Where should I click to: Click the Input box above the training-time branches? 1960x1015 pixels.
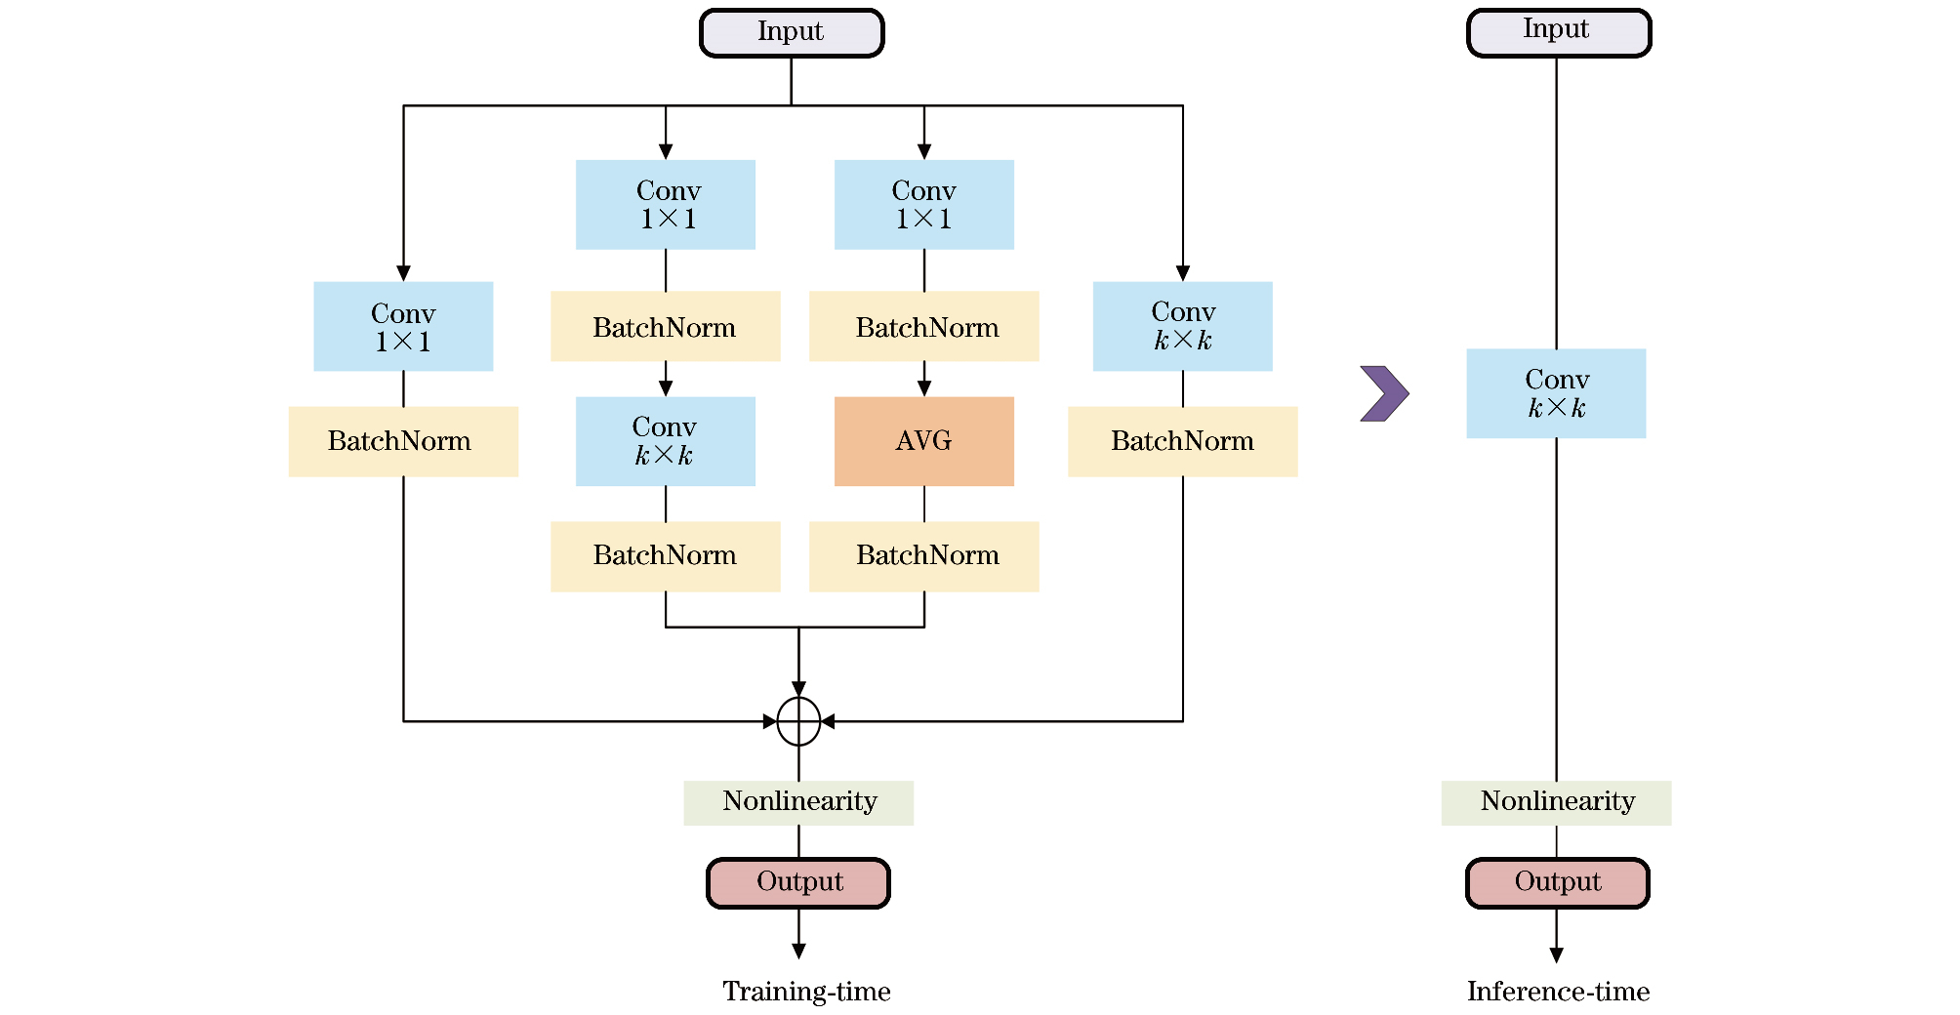point(792,33)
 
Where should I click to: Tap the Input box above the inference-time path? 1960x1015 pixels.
point(1558,33)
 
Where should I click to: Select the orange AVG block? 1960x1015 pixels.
point(923,441)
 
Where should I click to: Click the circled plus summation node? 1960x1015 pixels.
point(798,722)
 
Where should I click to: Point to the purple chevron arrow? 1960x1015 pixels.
point(1384,393)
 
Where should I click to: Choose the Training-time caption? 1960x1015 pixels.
point(806,992)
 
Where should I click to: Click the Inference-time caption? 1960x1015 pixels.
point(1558,992)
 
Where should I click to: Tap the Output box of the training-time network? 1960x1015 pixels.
point(798,882)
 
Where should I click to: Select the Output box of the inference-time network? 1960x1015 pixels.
point(1558,882)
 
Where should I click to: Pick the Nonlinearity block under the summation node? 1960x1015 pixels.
point(798,802)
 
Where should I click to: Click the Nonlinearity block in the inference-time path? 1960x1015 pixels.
point(1556,802)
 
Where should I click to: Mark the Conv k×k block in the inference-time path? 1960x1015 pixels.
point(1556,393)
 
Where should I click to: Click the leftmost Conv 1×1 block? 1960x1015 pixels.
point(403,326)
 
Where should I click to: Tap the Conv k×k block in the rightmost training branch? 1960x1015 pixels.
point(1182,326)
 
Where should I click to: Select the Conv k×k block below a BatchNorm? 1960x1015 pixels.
point(665,441)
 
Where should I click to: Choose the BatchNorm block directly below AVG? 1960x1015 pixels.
point(923,556)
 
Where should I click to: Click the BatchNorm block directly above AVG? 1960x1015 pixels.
point(923,326)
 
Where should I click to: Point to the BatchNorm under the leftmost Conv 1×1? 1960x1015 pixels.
point(403,441)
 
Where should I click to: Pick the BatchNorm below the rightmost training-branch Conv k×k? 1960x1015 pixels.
point(1182,441)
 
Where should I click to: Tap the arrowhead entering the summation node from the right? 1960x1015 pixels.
point(828,722)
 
